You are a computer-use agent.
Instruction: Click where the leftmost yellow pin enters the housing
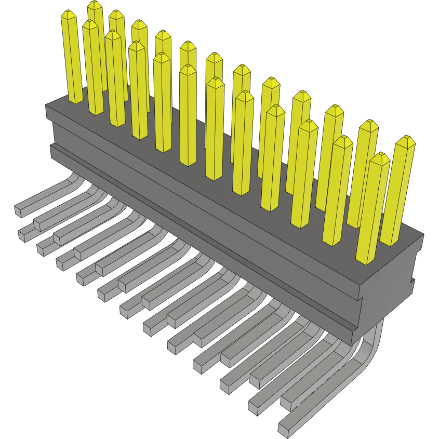75,100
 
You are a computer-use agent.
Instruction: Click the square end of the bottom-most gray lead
284,429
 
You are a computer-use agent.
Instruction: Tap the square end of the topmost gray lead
18,210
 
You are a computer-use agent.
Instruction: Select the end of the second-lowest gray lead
255,408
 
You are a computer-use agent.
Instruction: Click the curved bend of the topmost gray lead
75,179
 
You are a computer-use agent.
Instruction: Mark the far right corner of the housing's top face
423,234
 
